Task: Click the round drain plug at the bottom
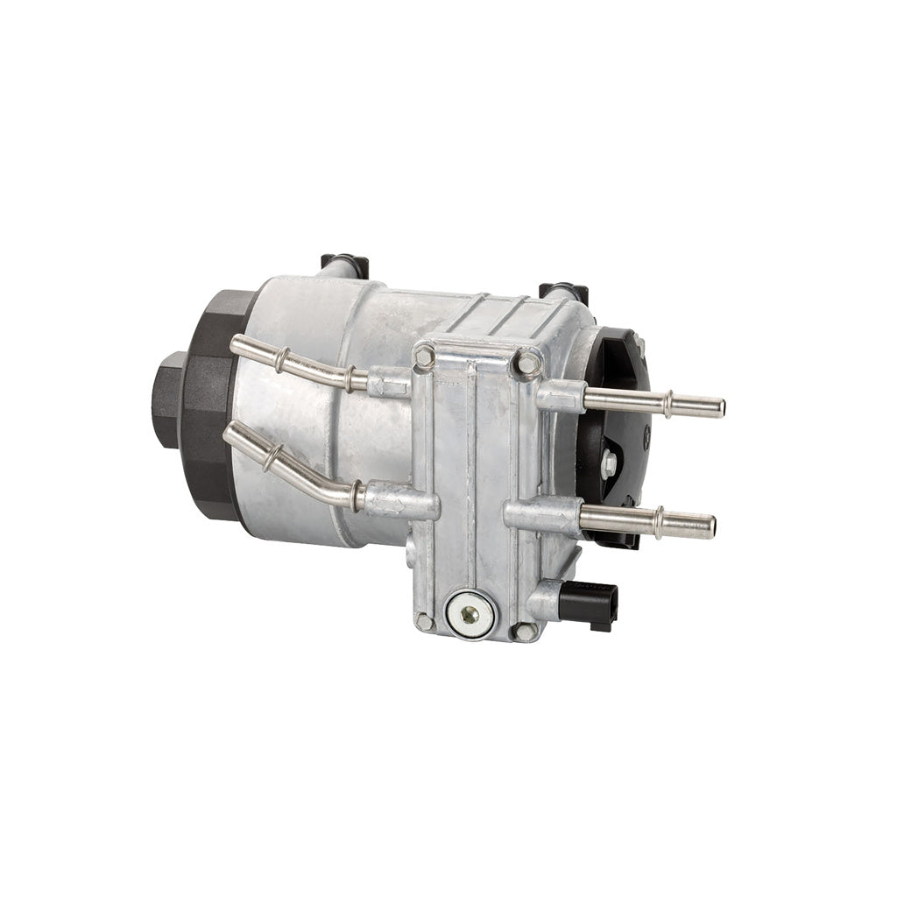tap(470, 613)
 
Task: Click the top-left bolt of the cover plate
tap(425, 356)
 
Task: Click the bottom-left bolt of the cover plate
tap(425, 622)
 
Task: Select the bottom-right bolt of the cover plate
tap(524, 631)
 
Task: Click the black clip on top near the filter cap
tap(344, 263)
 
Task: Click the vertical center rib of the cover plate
tap(474, 473)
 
